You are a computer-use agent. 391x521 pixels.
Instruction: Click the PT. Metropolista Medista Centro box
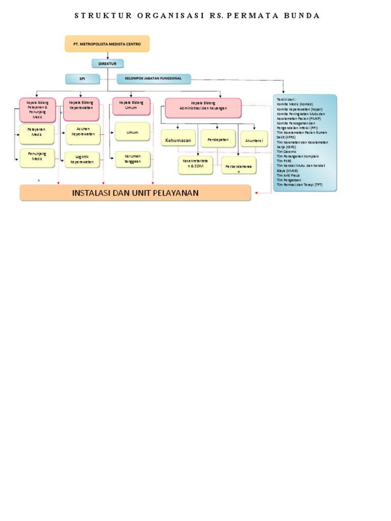click(107, 44)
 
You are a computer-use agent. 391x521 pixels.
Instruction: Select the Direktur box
click(107, 64)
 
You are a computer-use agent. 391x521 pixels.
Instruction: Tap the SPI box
click(82, 79)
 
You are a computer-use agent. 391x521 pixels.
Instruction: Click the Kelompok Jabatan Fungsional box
click(153, 78)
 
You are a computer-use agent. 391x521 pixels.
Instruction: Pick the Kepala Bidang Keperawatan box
click(81, 109)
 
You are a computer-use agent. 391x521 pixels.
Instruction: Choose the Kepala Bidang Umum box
click(131, 106)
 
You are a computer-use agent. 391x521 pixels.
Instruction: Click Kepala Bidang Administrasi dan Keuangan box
click(203, 108)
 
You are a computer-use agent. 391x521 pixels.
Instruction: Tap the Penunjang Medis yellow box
click(37, 158)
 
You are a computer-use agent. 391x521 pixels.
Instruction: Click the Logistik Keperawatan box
click(82, 160)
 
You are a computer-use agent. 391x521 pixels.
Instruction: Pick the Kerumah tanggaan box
click(132, 159)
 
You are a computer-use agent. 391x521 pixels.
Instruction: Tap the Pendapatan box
click(218, 139)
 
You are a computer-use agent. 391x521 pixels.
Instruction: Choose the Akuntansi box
click(254, 139)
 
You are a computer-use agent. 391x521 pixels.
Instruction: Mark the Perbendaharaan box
click(239, 166)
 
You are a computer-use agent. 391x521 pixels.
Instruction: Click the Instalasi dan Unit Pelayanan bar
click(135, 193)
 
